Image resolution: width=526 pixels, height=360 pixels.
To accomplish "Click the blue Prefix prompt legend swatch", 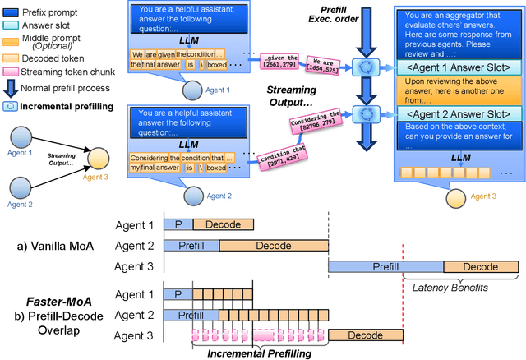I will tap(12, 12).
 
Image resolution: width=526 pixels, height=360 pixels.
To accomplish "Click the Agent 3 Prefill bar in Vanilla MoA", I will tap(385, 266).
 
